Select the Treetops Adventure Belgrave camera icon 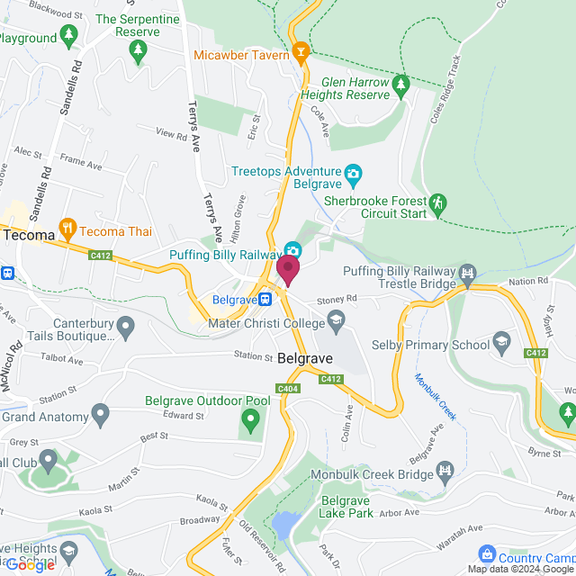pyautogui.click(x=354, y=172)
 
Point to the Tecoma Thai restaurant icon pyautogui.click(x=67, y=229)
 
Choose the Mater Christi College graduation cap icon pyautogui.click(x=336, y=319)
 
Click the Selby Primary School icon pyautogui.click(x=501, y=342)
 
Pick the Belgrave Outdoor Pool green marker pyautogui.click(x=250, y=418)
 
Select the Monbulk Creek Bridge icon pyautogui.click(x=445, y=470)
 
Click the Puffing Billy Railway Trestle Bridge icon pyautogui.click(x=466, y=273)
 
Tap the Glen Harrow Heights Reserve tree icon pyautogui.click(x=400, y=85)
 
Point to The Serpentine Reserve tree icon pyautogui.click(x=139, y=52)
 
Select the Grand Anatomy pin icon pyautogui.click(x=100, y=416)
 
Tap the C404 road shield pyautogui.click(x=288, y=388)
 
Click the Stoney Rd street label pyautogui.click(x=338, y=297)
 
